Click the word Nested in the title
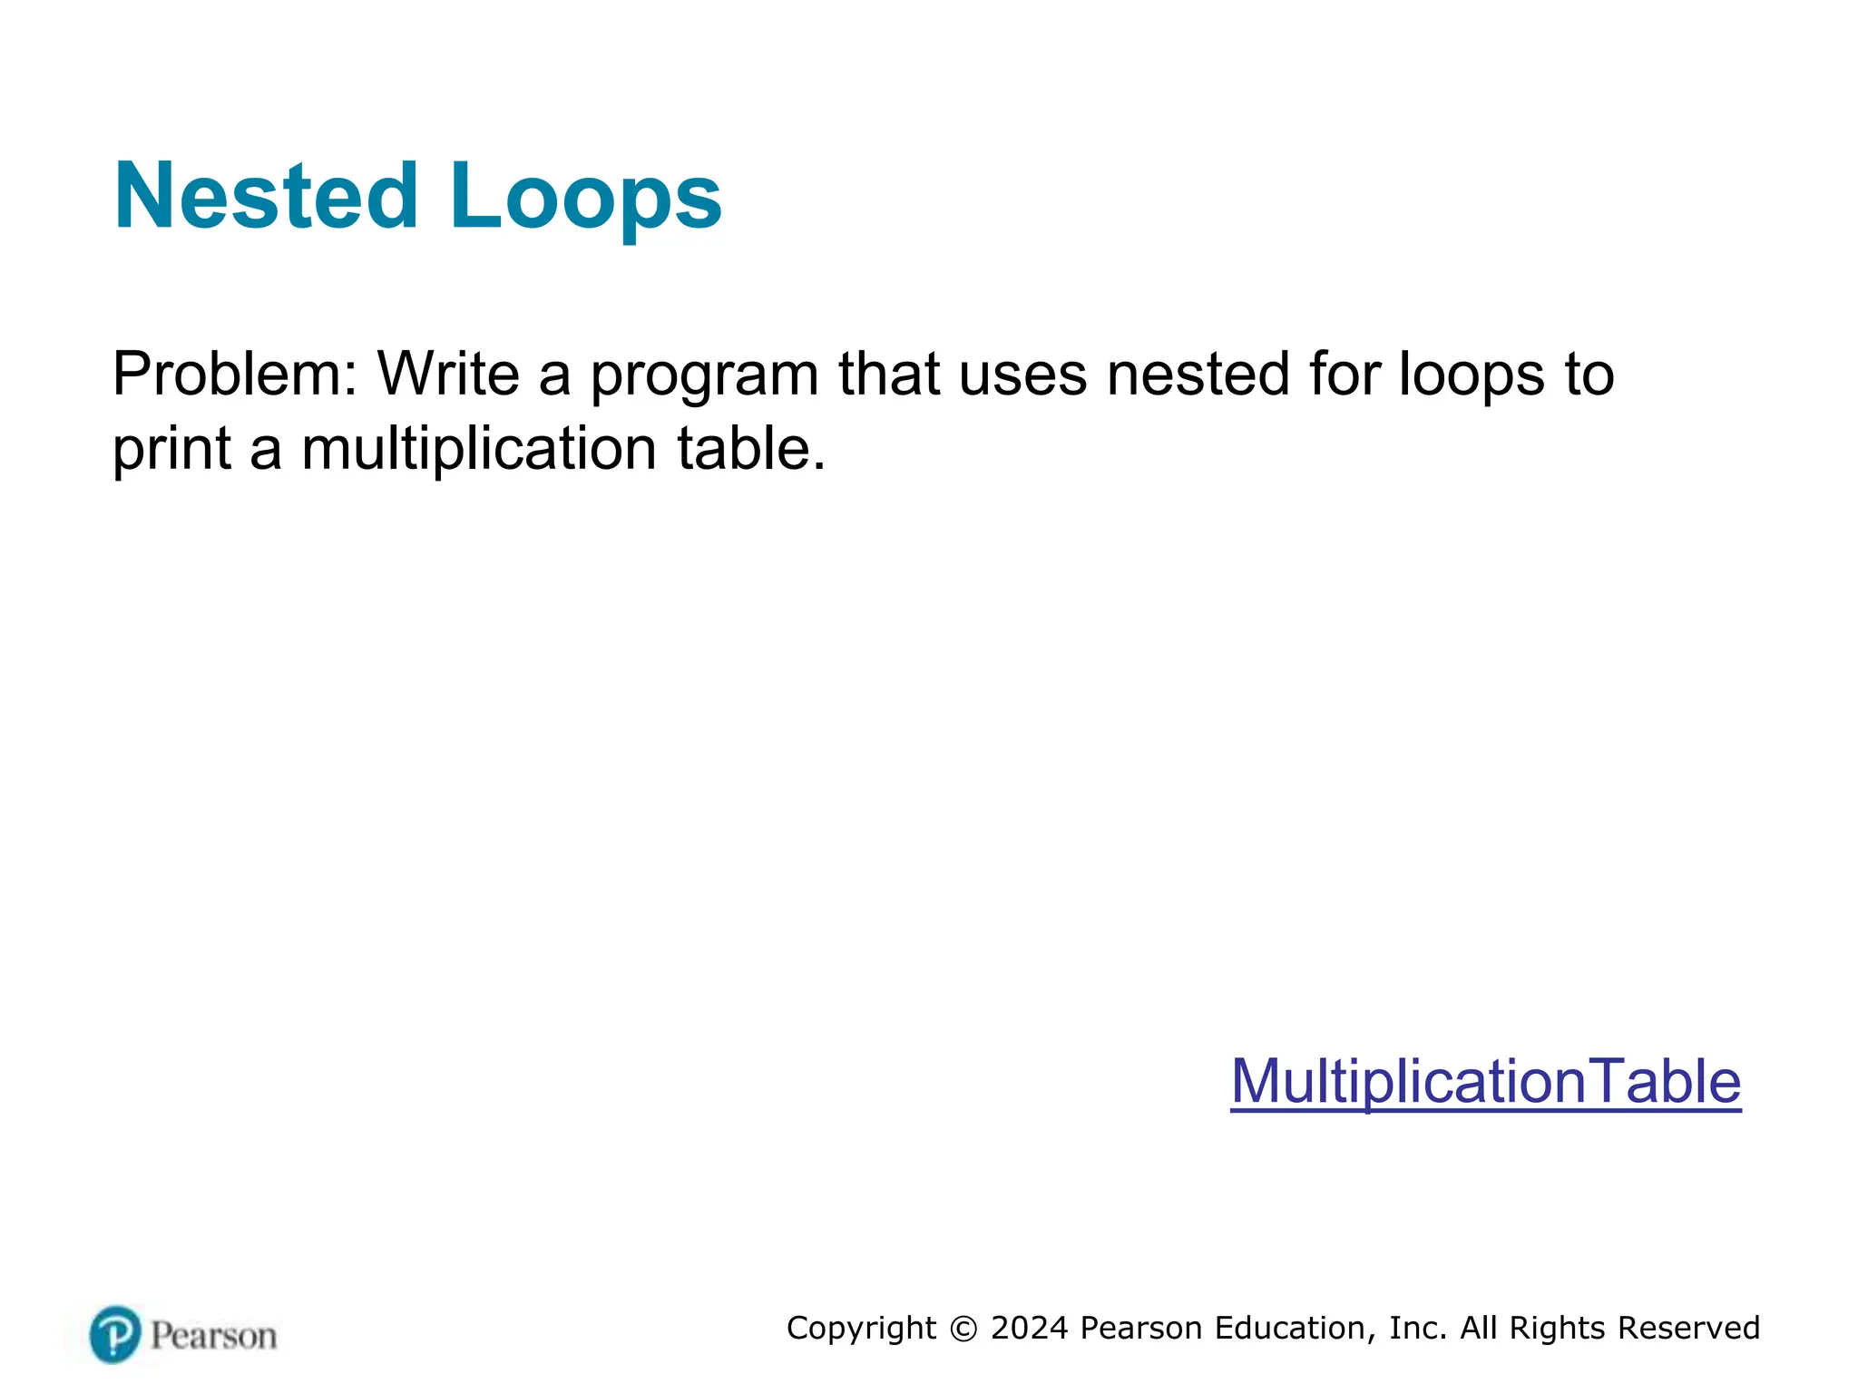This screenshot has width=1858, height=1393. pyautogui.click(x=265, y=196)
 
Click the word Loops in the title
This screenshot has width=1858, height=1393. pyautogui.click(x=585, y=196)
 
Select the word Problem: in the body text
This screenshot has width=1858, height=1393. pyautogui.click(x=235, y=374)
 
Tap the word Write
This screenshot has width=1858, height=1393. pyautogui.click(x=448, y=374)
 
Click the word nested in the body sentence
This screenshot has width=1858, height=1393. pyautogui.click(x=1198, y=374)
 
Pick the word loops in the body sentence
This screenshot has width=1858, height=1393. pyautogui.click(x=1471, y=375)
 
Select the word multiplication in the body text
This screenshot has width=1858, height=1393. pyautogui.click(x=479, y=450)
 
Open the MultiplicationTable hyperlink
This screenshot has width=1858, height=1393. pyautogui.click(x=1485, y=1081)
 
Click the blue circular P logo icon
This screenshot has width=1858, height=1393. pyautogui.click(x=115, y=1334)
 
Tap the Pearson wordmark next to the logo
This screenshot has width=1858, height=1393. pyautogui.click(x=213, y=1336)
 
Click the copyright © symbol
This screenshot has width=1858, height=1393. pyautogui.click(x=963, y=1329)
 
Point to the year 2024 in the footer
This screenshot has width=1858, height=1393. pyautogui.click(x=1029, y=1328)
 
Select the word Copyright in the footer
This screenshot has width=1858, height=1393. pyautogui.click(x=861, y=1328)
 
